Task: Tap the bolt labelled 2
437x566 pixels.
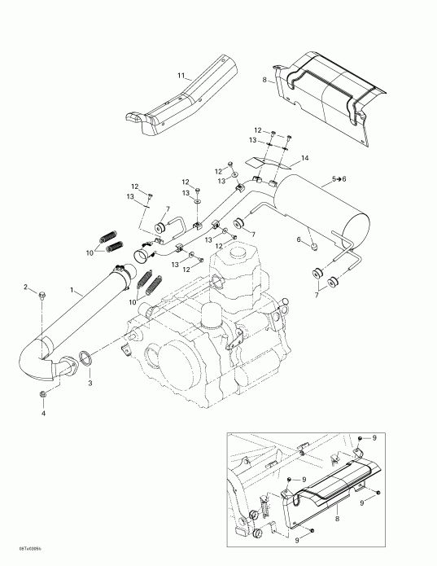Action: [42, 294]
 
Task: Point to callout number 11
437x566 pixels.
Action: [181, 76]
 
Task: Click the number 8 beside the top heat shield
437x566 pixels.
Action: [264, 80]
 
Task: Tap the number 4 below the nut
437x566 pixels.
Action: [43, 413]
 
